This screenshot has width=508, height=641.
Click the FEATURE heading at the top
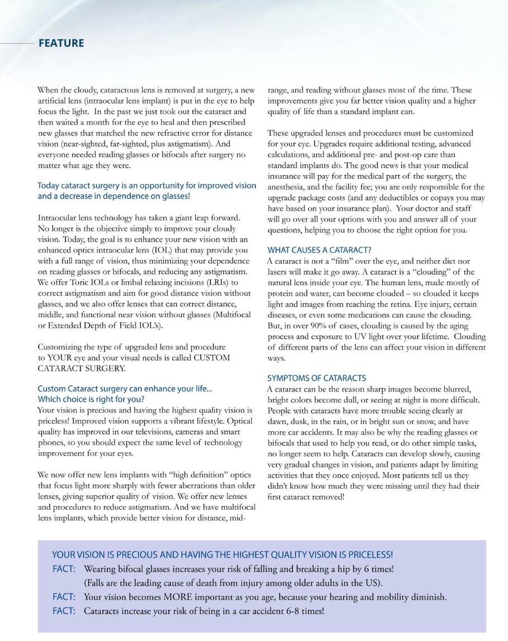(61, 43)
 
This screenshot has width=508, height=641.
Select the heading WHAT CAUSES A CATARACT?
(319, 250)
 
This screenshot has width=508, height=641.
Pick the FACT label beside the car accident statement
(64, 611)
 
